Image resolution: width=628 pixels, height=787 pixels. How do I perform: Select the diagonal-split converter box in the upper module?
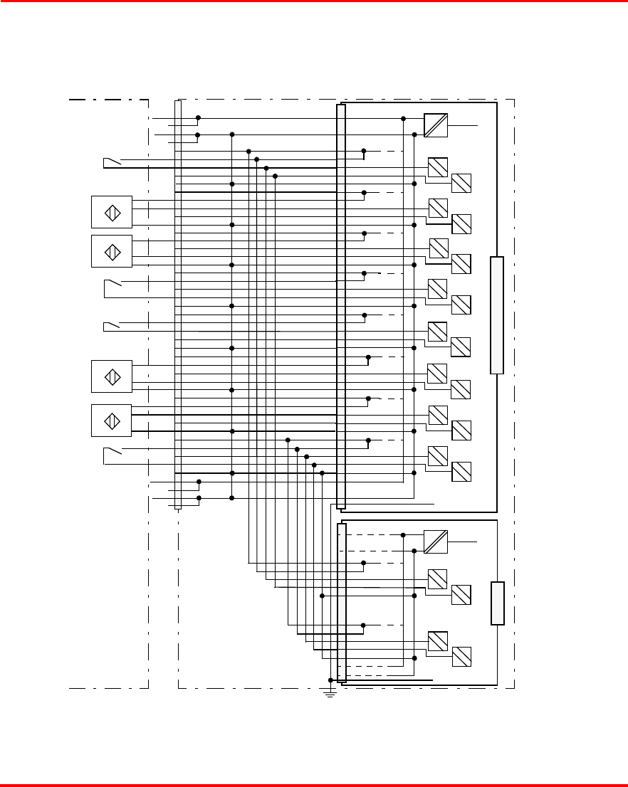click(436, 125)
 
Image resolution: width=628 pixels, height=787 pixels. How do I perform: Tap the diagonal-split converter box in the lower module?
click(436, 542)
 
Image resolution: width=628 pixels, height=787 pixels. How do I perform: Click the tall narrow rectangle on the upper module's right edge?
click(497, 315)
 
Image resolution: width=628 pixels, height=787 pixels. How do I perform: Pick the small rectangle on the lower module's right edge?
click(498, 603)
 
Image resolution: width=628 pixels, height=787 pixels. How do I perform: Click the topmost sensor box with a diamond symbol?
click(112, 212)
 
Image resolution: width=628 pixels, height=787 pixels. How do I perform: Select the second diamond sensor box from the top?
click(112, 251)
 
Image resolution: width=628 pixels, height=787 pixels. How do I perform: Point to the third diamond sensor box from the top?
click(112, 376)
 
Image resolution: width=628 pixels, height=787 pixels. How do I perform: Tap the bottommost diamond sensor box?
click(112, 421)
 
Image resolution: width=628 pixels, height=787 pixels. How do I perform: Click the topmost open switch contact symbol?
click(112, 164)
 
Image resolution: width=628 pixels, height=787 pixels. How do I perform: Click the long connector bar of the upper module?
click(341, 306)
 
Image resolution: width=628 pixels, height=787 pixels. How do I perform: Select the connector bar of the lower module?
click(341, 601)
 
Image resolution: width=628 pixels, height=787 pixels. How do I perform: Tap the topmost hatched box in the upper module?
click(438, 167)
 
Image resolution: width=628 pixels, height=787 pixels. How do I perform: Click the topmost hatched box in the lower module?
click(438, 579)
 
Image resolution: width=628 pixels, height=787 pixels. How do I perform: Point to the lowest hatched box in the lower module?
click(461, 656)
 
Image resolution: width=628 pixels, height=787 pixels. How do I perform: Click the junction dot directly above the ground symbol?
click(330, 680)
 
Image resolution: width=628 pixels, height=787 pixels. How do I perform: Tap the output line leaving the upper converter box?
click(463, 125)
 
